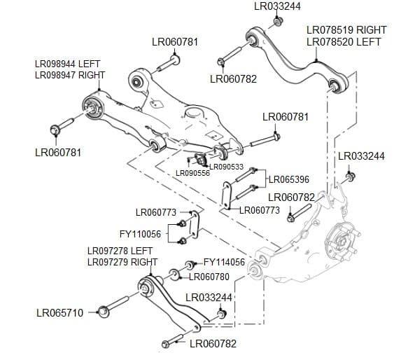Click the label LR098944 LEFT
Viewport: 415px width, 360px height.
point(68,64)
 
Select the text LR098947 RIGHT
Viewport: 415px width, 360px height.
point(70,74)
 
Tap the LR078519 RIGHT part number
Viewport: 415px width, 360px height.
point(346,31)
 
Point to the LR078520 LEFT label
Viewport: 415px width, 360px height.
point(344,42)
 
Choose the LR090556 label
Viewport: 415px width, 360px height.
point(192,173)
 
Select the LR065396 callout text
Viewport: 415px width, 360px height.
point(289,179)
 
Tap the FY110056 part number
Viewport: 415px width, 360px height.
point(140,234)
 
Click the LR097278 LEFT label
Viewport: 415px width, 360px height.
point(120,251)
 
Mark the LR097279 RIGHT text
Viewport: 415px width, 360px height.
point(122,262)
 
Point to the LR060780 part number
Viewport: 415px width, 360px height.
point(209,277)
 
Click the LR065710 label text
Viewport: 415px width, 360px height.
point(59,312)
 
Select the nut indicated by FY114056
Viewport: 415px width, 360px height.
point(189,265)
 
